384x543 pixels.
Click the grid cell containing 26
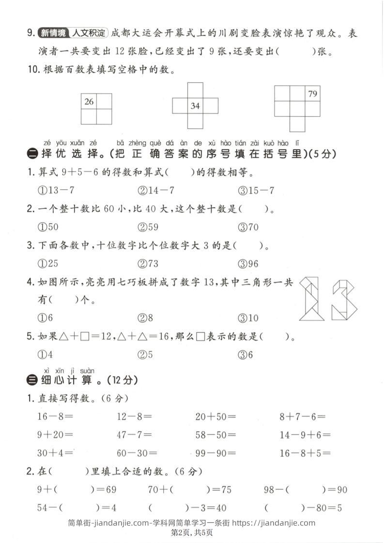(89, 101)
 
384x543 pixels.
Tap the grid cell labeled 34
(195, 106)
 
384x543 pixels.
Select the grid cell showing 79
(313, 93)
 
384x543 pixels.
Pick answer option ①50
(48, 226)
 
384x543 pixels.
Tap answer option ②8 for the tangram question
(145, 318)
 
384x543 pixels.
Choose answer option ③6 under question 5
(246, 354)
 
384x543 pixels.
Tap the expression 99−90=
(215, 453)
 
